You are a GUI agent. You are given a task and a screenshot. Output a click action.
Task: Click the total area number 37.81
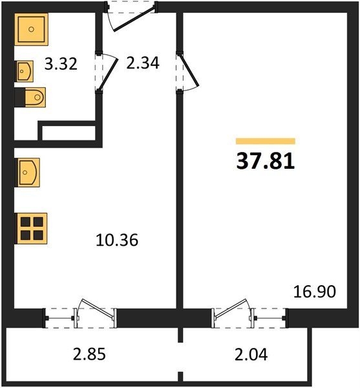(265, 161)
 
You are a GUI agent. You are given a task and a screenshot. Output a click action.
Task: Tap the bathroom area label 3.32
(61, 64)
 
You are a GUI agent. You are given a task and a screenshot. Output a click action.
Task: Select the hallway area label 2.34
(143, 63)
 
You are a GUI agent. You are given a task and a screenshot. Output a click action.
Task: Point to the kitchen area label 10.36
(117, 240)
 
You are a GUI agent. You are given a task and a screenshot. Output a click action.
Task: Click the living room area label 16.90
(315, 292)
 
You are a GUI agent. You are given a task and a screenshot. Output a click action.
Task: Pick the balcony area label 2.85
(89, 354)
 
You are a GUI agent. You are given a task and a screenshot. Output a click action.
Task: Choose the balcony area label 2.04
(251, 354)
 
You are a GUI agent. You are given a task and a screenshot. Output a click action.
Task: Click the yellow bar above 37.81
(266, 141)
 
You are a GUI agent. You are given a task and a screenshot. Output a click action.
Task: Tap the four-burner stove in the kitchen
(31, 228)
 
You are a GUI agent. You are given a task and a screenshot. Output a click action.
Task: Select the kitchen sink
(27, 173)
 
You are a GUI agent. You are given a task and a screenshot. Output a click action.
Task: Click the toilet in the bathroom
(30, 97)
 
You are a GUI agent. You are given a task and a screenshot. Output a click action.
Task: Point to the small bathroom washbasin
(24, 71)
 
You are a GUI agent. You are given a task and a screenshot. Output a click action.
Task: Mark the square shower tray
(31, 30)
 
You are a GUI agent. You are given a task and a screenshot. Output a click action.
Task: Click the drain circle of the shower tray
(31, 29)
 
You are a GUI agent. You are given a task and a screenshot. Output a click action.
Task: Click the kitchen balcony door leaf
(98, 308)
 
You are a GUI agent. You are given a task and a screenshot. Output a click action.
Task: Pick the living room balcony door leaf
(230, 308)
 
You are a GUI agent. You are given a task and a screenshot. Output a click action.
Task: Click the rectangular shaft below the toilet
(69, 133)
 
